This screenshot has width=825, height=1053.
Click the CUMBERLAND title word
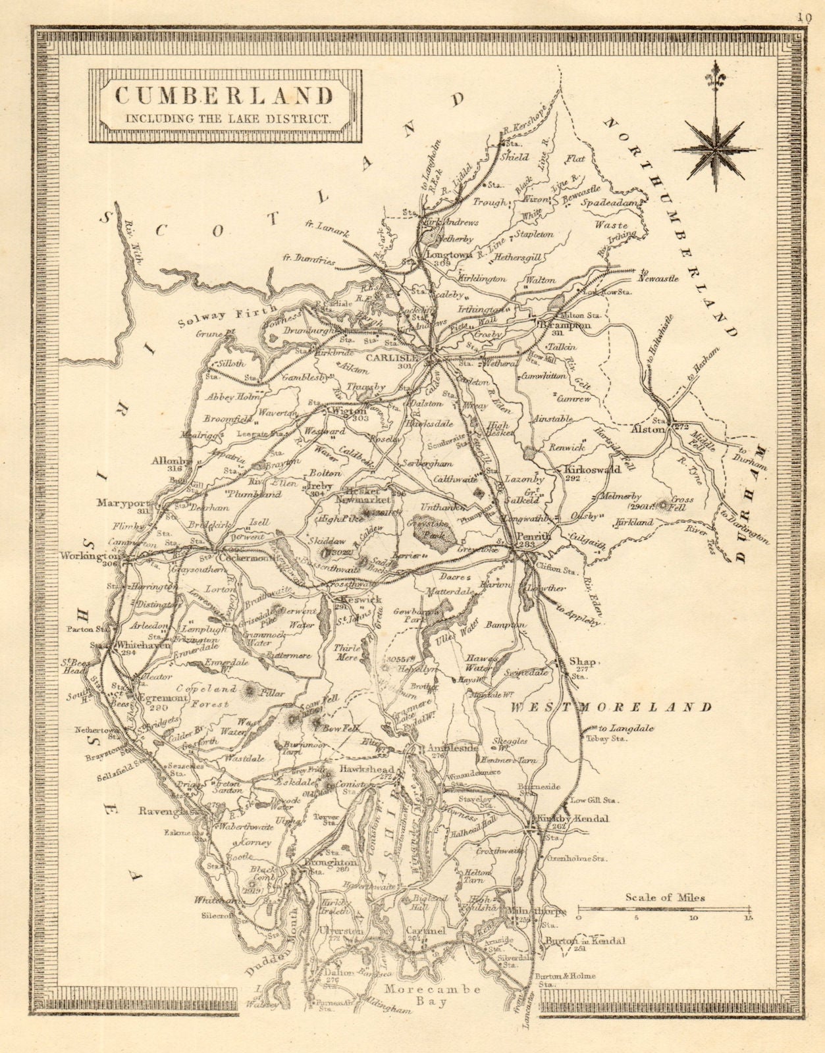tap(225, 95)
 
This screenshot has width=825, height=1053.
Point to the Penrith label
tap(534, 536)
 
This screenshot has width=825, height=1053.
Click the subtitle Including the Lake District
tap(225, 119)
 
